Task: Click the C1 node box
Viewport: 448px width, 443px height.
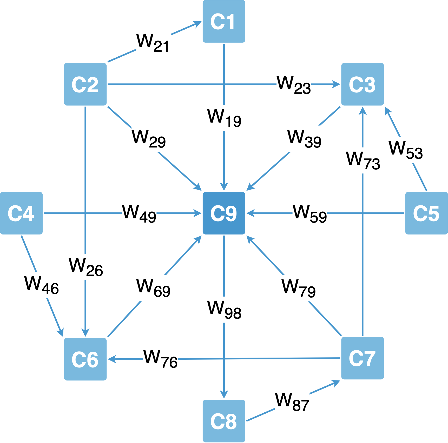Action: pos(224,21)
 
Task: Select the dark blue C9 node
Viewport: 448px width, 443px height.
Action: pos(224,213)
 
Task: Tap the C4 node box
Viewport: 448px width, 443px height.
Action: pos(21,213)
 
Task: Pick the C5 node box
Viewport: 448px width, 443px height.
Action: pos(426,213)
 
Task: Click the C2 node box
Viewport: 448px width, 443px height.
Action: pos(85,84)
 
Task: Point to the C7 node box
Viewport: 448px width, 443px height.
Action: pos(362,358)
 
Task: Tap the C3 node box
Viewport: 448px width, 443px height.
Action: pos(362,84)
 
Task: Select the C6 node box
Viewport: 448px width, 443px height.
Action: pos(85,359)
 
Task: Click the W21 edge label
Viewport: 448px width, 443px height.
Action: pos(153,43)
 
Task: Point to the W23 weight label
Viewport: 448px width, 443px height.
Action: pos(294,85)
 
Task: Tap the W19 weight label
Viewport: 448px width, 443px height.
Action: pos(224,118)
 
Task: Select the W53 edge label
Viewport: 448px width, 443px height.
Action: pos(406,150)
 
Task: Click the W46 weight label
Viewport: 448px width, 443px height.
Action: pos(42,285)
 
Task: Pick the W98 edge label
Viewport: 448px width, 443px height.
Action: pos(224,310)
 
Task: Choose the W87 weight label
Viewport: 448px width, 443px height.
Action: pos(292,402)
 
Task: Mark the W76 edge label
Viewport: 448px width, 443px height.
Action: pos(160,359)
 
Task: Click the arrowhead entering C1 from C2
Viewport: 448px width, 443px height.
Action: pos(198,23)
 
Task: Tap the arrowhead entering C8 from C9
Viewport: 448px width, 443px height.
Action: pos(224,395)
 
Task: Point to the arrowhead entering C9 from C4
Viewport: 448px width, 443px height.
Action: pos(198,213)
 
